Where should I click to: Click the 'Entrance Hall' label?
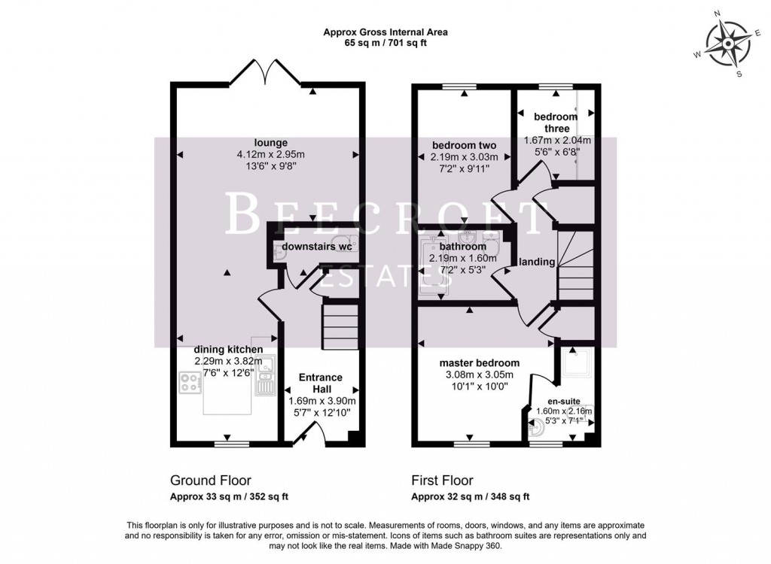(x=320, y=378)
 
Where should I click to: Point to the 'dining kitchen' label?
(x=228, y=350)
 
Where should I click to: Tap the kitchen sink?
(x=266, y=379)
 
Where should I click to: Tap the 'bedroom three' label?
(x=556, y=123)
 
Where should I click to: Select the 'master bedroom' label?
(x=480, y=363)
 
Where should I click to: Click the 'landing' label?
(x=537, y=262)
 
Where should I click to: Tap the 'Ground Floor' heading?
(x=211, y=480)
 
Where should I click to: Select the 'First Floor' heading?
(x=442, y=480)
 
